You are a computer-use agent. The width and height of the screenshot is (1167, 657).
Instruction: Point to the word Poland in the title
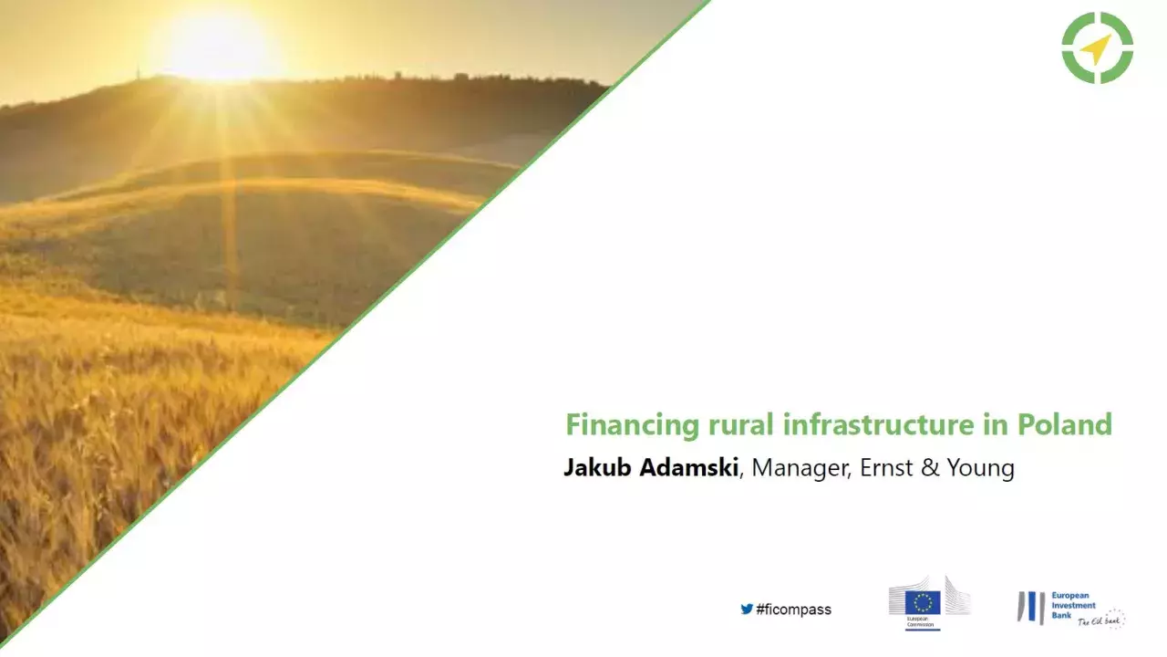pos(1064,425)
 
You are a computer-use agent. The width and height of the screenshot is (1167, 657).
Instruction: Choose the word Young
pos(981,469)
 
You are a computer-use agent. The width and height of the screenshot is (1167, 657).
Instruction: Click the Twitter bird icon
pos(747,609)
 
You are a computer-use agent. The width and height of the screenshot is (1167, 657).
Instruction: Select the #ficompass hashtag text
pos(793,610)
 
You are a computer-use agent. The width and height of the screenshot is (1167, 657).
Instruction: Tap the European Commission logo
pos(929,602)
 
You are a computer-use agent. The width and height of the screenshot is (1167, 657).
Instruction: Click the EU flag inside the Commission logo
pos(922,602)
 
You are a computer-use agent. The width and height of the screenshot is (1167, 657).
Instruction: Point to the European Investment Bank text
pos(1072,603)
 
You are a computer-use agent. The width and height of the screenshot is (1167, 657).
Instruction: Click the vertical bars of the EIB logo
pos(1031,608)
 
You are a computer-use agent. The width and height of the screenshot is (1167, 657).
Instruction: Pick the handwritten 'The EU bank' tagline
pos(1101,620)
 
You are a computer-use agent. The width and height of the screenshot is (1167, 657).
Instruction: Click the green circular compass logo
pos(1097,47)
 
